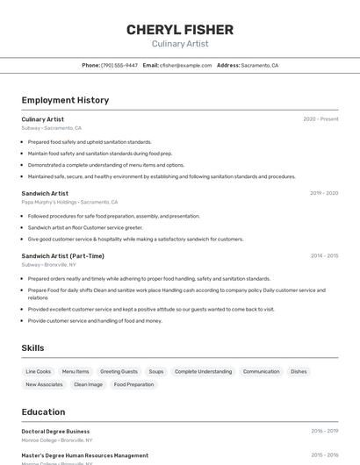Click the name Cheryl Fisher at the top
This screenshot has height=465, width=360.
pos(180,30)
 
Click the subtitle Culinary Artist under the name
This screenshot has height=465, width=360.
pos(180,44)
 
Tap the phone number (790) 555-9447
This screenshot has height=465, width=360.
pos(119,65)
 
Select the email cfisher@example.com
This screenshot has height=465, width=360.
pos(185,65)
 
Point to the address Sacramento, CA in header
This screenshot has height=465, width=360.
pos(259,65)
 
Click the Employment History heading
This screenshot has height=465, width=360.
pos(65,100)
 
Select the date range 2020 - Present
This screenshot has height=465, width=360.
pos(320,119)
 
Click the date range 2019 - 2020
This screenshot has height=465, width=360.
pos(324,193)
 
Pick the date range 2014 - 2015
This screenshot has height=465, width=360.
pos(324,256)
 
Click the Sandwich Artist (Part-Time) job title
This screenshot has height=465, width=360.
pos(62,256)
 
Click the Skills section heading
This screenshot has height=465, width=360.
pos(32,348)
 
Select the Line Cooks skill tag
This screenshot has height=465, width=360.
pos(39,371)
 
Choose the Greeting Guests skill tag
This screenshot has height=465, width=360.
pos(119,371)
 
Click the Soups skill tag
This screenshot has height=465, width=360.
pos(156,371)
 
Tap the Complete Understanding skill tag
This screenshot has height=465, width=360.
pos(203,371)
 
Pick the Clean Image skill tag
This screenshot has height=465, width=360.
pos(88,384)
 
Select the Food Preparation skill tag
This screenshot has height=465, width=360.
pos(133,384)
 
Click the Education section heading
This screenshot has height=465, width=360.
pos(43,411)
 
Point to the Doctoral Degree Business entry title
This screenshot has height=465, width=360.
pos(55,432)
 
